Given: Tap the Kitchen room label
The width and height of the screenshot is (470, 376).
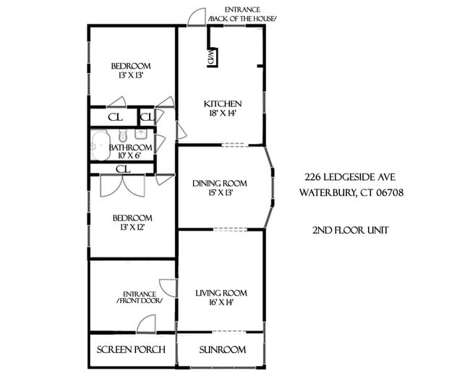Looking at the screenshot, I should (221, 103).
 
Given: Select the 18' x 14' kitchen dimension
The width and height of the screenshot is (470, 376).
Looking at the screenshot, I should (221, 114).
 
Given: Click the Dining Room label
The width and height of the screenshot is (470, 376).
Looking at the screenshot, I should (220, 183).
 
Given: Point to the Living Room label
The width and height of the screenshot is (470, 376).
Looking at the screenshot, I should (221, 293).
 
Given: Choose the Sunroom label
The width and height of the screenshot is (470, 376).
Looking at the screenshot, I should (221, 350).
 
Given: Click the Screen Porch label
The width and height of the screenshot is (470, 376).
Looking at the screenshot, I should (132, 350).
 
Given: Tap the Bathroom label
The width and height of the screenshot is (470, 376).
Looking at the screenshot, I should (131, 147).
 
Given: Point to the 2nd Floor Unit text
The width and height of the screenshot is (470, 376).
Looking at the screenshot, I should (351, 231).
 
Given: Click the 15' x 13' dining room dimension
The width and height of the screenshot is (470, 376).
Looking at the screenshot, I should (220, 193).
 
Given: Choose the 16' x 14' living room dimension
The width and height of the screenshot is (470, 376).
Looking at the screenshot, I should (221, 303).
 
